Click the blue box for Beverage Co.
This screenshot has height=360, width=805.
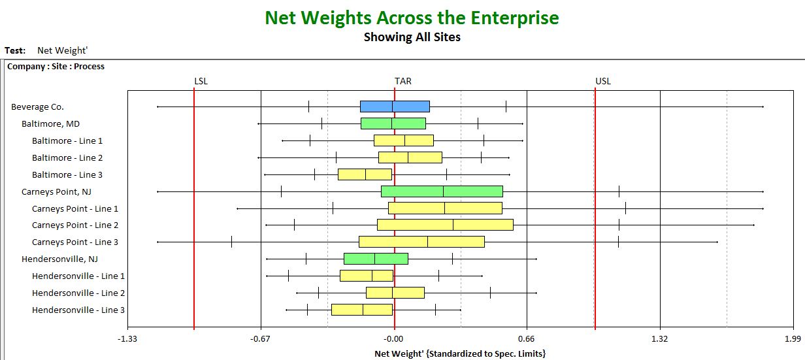click(x=395, y=106)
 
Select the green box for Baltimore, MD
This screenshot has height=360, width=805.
click(x=393, y=123)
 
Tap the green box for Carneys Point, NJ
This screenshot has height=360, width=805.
click(x=442, y=191)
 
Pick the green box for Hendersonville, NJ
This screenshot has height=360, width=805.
click(x=376, y=259)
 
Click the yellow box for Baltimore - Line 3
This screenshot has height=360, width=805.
click(x=365, y=174)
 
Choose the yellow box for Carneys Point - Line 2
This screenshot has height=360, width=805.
click(x=445, y=225)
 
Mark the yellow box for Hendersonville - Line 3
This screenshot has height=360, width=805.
click(x=362, y=310)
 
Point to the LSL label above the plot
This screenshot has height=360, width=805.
click(x=201, y=81)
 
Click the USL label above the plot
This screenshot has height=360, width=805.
click(x=603, y=81)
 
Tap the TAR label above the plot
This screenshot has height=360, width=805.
click(x=403, y=81)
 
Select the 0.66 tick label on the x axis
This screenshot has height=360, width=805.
click(x=526, y=339)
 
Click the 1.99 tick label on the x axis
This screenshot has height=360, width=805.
click(x=793, y=339)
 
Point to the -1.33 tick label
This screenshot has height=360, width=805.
click(x=127, y=339)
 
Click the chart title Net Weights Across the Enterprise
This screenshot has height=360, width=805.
click(x=412, y=18)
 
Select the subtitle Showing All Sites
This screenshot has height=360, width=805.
click(x=412, y=37)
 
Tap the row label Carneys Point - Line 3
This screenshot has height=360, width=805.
click(x=74, y=242)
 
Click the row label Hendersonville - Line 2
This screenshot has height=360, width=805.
click(x=78, y=293)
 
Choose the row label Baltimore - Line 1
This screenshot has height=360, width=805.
click(x=67, y=141)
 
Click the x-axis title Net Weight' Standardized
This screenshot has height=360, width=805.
click(x=460, y=354)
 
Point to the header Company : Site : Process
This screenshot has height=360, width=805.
click(x=56, y=67)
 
